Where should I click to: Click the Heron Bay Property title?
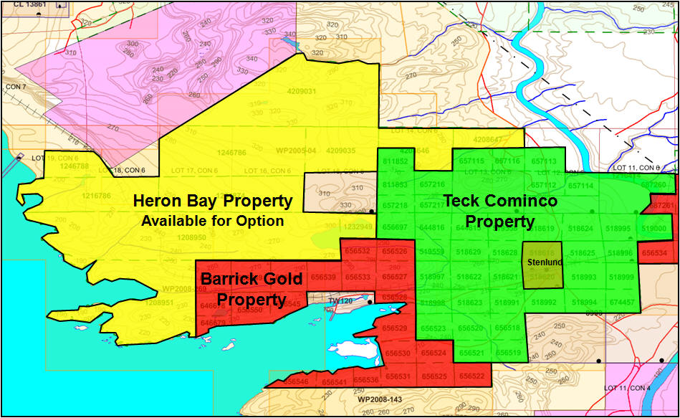click(213, 201)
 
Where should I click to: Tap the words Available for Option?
click(213, 221)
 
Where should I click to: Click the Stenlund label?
click(544, 262)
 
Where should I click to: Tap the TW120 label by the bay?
click(341, 300)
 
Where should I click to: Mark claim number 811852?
click(395, 162)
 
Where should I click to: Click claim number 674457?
click(621, 303)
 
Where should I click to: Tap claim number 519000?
click(654, 229)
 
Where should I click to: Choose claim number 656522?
click(471, 376)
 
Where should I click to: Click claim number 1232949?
click(358, 227)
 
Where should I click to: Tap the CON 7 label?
click(14, 87)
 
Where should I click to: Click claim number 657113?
click(544, 162)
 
